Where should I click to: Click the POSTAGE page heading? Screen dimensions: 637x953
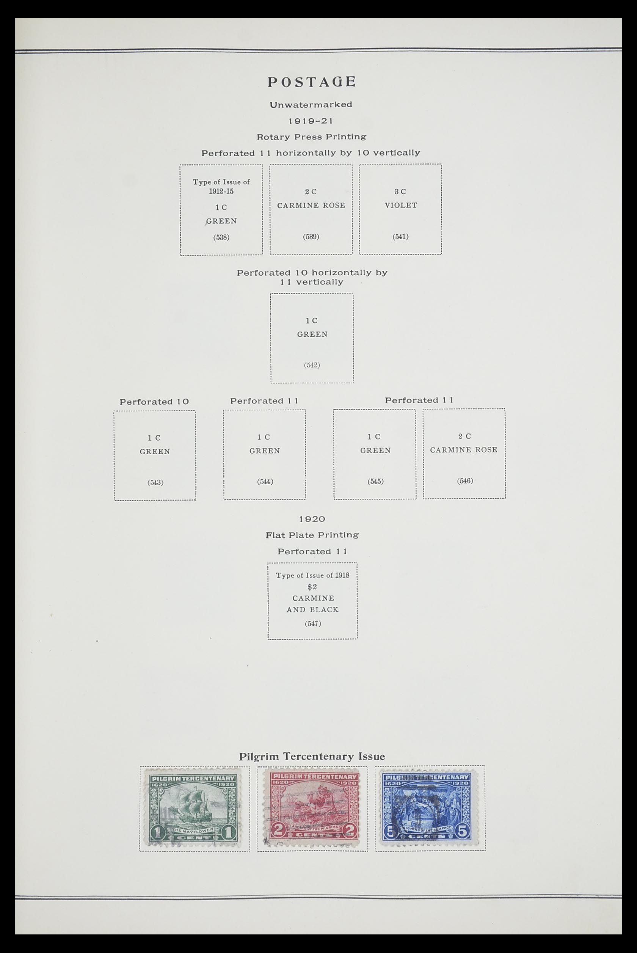pos(312,82)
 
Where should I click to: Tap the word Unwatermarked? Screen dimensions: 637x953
pos(311,104)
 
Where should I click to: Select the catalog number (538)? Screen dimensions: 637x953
pos(221,237)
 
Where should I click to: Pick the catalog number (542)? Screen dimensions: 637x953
pos(312,365)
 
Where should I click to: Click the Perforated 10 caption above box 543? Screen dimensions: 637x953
pos(154,401)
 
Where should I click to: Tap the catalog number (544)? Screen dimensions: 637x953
pos(265,481)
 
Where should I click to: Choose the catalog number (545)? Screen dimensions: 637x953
pos(375,481)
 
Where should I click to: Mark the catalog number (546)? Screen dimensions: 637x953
pos(465,480)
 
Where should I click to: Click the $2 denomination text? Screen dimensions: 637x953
pos(312,587)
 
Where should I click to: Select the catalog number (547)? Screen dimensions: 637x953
pos(312,623)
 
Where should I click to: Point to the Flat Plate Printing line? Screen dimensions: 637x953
pos(312,535)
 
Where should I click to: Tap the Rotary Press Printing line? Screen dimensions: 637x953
pos(311,137)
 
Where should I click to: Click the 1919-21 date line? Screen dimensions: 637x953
pos(311,121)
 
